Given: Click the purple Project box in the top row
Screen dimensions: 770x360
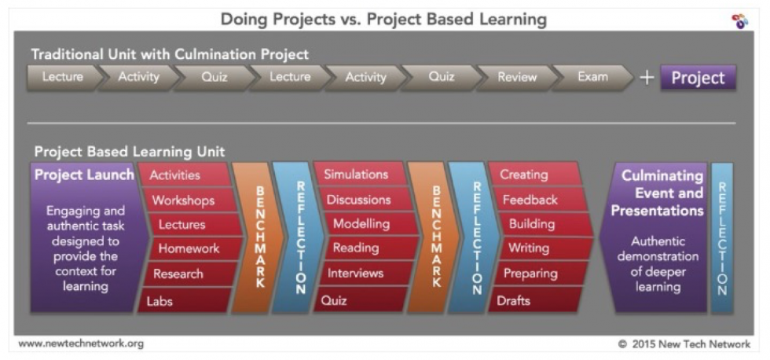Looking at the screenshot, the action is coord(698,78).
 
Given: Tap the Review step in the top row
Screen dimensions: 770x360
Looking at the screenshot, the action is coord(517,77).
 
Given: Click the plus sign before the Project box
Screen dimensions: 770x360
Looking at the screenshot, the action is coord(647,78).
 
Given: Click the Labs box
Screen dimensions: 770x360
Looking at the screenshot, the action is coord(184,300).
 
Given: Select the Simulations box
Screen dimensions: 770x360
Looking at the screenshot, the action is coord(361,174).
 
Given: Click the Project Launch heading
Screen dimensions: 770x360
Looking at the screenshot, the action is coord(84,174).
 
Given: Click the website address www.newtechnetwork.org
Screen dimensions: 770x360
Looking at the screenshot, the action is coord(81,343).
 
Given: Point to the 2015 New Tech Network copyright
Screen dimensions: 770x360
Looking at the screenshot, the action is coord(684,343).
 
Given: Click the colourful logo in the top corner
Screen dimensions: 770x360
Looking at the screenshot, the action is coord(739,21).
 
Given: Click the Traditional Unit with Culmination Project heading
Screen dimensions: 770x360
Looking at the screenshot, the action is coord(170,54).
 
